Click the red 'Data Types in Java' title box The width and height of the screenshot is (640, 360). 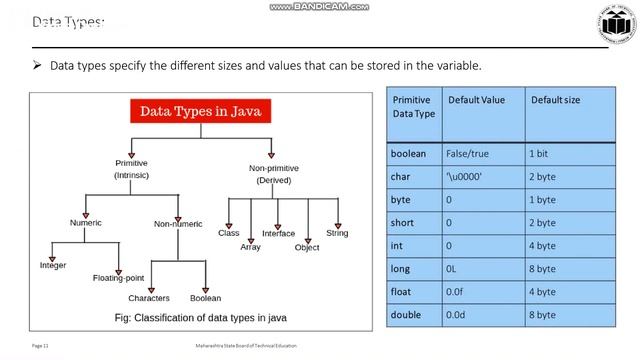200,111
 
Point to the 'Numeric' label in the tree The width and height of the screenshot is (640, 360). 87,222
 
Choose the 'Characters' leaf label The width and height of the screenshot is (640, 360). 149,298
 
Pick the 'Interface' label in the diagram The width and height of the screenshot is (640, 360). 278,233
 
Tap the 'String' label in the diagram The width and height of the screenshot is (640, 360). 337,233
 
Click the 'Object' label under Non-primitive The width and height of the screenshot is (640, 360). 307,247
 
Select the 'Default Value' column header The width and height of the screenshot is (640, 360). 477,100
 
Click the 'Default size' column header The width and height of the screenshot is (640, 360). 555,100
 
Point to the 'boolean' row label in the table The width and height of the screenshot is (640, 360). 409,153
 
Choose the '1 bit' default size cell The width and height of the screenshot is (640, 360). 542,153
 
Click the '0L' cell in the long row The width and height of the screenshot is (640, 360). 453,268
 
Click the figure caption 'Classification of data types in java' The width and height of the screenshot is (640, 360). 200,318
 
